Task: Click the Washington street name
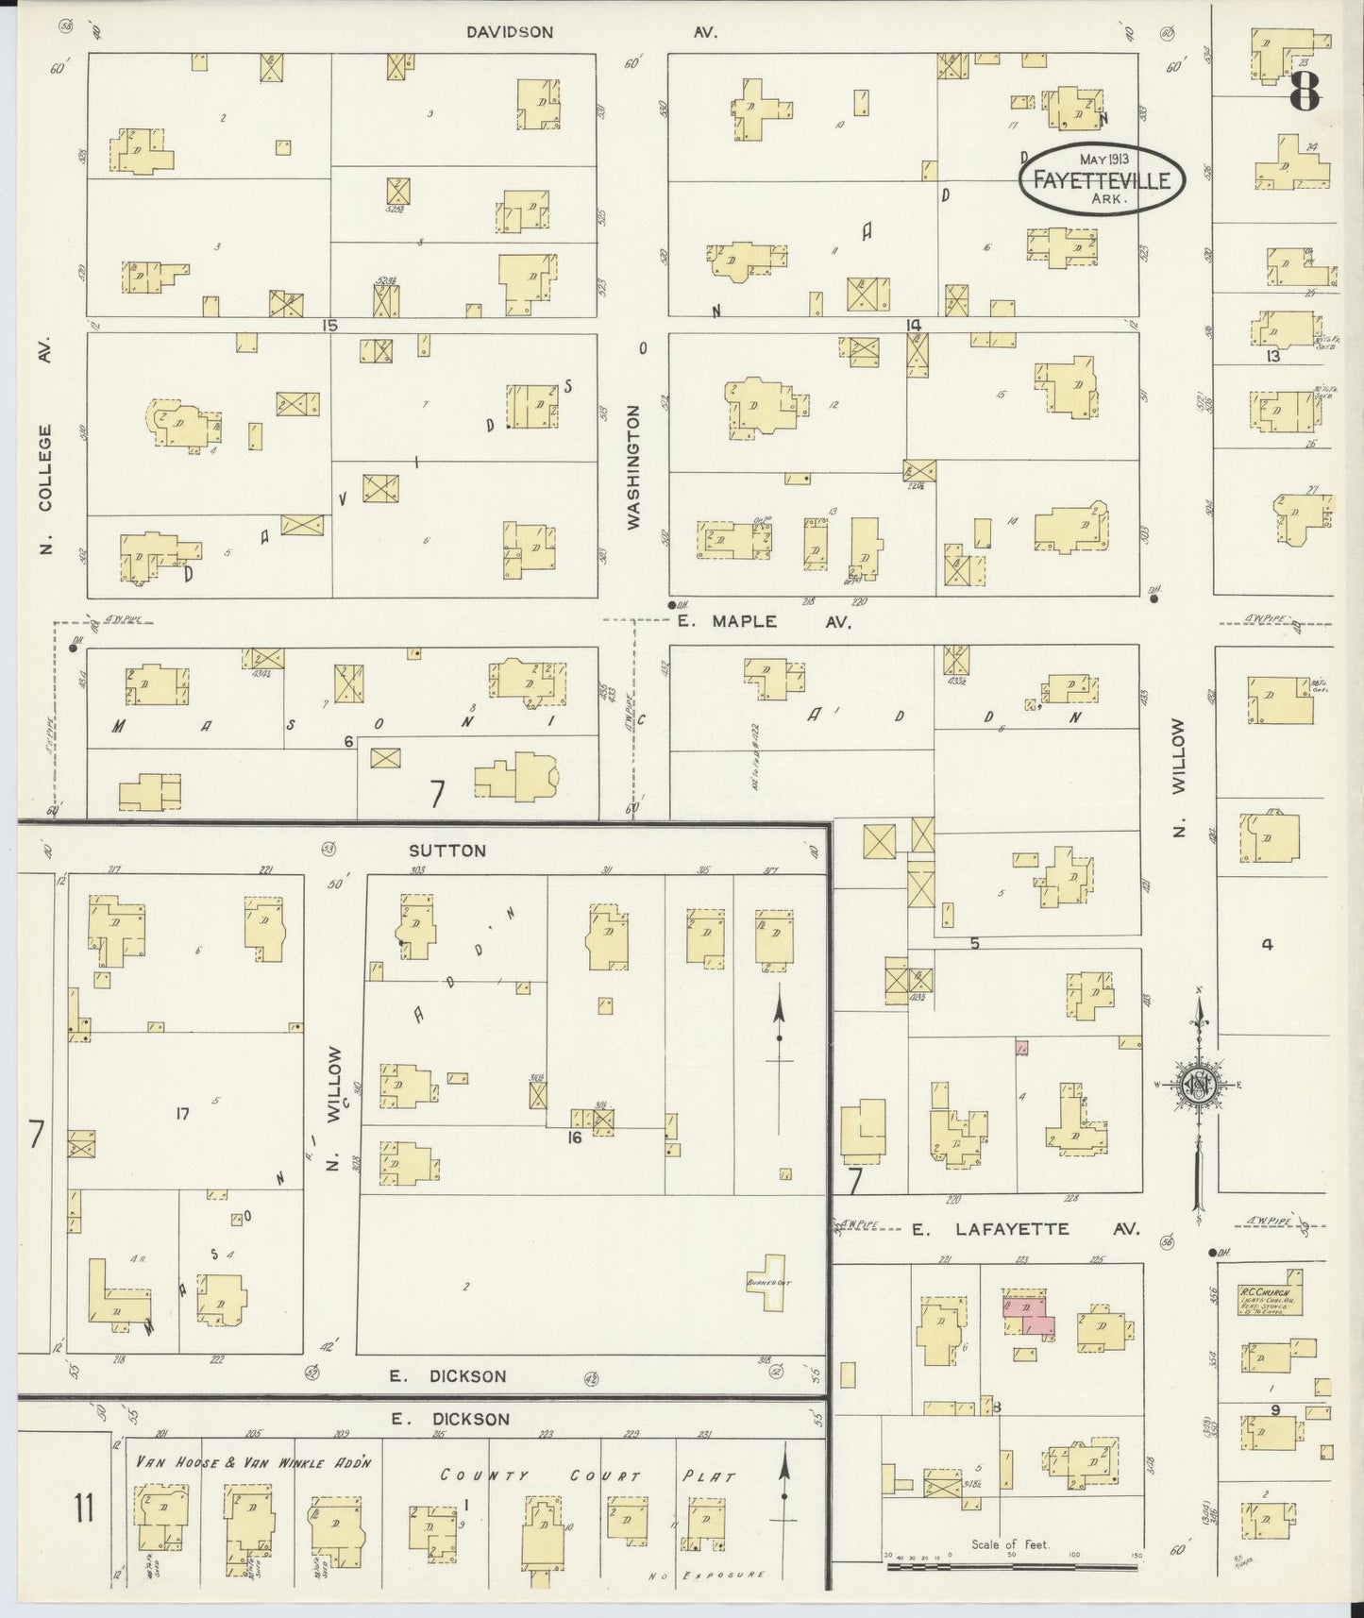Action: click(633, 466)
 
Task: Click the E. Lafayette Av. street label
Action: click(1025, 1229)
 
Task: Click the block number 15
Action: click(328, 326)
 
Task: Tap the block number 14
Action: click(913, 326)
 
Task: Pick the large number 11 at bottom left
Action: click(84, 1509)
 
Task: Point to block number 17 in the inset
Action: click(182, 1114)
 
